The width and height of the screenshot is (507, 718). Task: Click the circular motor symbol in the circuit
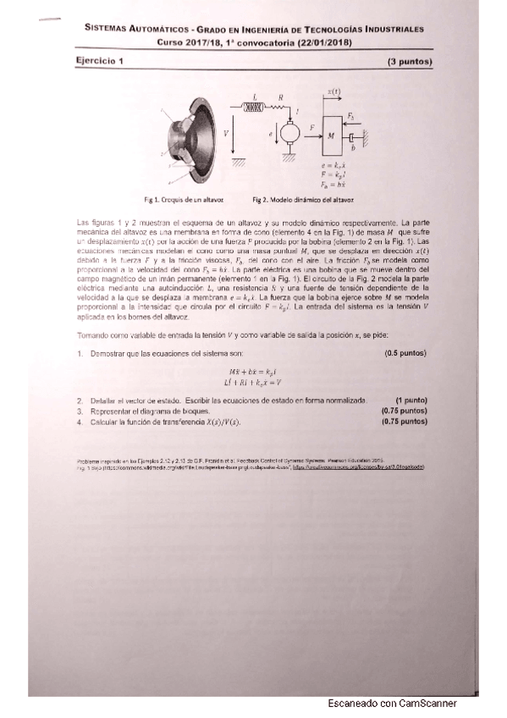(290, 132)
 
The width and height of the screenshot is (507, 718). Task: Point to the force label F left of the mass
(312, 126)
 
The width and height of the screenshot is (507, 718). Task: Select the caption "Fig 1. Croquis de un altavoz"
(184, 200)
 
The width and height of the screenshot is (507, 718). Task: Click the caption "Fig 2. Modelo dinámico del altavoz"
(303, 200)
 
